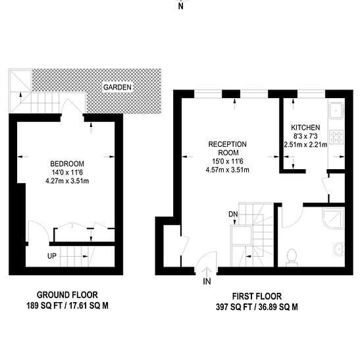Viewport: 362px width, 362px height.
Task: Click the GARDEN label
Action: [117, 88]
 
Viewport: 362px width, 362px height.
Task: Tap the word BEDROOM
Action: [67, 164]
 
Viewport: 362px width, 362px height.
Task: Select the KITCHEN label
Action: [305, 128]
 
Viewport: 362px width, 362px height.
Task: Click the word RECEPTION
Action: [228, 144]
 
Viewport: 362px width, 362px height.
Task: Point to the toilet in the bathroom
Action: [292, 257]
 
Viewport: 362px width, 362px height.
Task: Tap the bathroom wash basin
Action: [340, 249]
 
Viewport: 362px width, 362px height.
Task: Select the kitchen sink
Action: [336, 111]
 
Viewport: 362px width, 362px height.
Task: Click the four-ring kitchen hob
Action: [336, 137]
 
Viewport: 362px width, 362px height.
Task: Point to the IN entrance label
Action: [207, 282]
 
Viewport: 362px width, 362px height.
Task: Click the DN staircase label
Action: [233, 215]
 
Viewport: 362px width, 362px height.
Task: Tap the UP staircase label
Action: [52, 256]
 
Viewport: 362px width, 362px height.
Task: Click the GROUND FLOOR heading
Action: [67, 295]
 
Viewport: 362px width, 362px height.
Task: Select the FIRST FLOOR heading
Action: [257, 296]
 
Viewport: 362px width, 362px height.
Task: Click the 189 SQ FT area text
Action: [44, 305]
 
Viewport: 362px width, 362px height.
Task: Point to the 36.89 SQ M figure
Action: [278, 307]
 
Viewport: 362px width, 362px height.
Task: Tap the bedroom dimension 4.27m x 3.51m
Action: [67, 181]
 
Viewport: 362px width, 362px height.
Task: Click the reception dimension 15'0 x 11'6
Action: [228, 161]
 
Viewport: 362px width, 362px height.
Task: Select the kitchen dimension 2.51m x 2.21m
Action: [305, 145]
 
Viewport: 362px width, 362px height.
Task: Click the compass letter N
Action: [181, 7]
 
